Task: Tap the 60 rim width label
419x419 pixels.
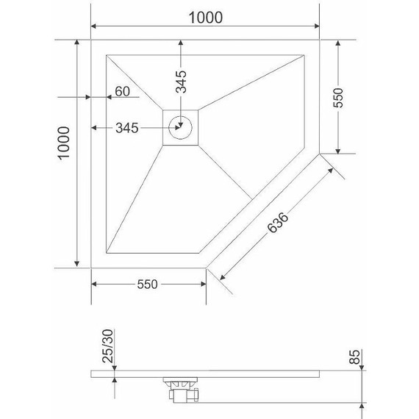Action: [x=121, y=92]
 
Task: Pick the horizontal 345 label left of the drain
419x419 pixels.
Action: [x=127, y=128]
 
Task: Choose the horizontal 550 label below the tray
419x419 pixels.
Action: [x=148, y=285]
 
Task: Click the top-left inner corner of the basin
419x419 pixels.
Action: [x=107, y=54]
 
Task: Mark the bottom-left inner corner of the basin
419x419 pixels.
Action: [x=107, y=252]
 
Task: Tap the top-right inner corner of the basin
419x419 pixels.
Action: [x=303, y=54]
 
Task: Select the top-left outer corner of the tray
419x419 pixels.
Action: [x=91, y=38]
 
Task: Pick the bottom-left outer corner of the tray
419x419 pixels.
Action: [x=91, y=268]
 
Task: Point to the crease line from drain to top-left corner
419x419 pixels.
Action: [x=135, y=82]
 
